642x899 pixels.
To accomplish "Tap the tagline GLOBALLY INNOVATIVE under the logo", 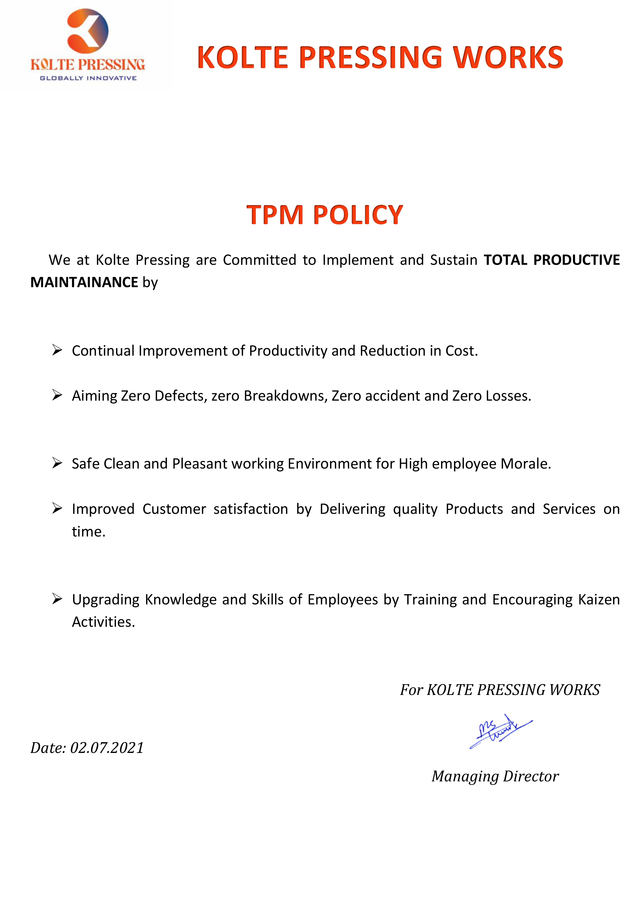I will click(88, 78).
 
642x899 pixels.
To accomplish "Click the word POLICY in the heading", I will click(358, 215).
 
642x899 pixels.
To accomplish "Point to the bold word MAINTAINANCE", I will click(84, 282).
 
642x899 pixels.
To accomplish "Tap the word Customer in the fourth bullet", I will click(174, 509).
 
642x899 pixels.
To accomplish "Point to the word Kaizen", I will click(599, 599).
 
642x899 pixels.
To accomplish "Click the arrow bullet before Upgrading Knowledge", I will click(57, 599).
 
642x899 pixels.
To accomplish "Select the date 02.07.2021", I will click(107, 748).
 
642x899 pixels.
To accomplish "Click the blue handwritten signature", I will click(500, 731).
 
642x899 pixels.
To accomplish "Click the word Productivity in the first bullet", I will click(288, 351).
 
